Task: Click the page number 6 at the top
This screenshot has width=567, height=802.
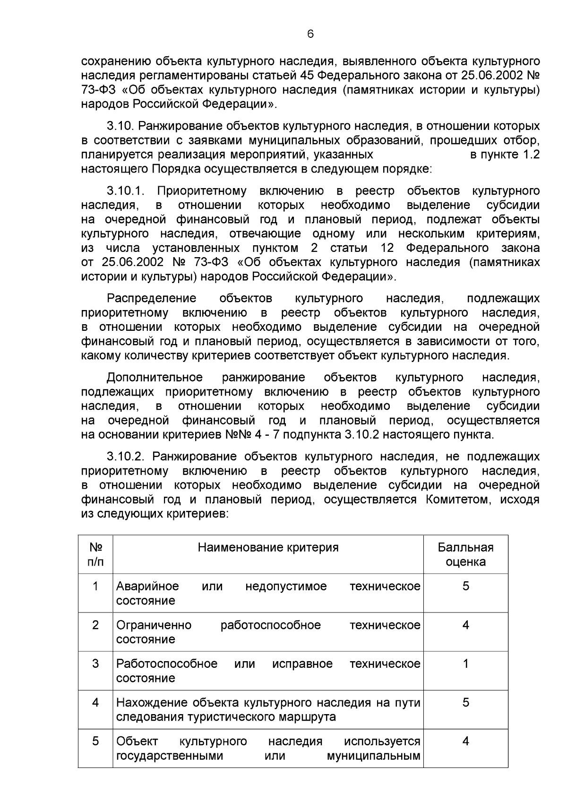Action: pyautogui.click(x=310, y=34)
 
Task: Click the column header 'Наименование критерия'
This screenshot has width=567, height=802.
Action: pyautogui.click(x=268, y=548)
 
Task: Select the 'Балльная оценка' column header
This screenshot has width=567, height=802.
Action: pyautogui.click(x=465, y=554)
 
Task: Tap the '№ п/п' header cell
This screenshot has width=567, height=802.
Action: pyautogui.click(x=95, y=554)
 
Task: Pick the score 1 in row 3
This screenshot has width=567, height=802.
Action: pyautogui.click(x=465, y=664)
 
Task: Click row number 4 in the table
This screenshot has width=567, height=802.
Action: pyautogui.click(x=95, y=702)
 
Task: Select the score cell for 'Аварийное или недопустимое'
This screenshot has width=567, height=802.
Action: pyautogui.click(x=465, y=586)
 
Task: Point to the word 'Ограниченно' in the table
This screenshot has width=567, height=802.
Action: pyautogui.click(x=154, y=625)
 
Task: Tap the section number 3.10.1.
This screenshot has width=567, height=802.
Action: pyautogui.click(x=125, y=191)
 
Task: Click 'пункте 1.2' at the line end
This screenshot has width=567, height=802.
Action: pyautogui.click(x=505, y=155)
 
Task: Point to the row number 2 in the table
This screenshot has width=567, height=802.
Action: pyautogui.click(x=95, y=625)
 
